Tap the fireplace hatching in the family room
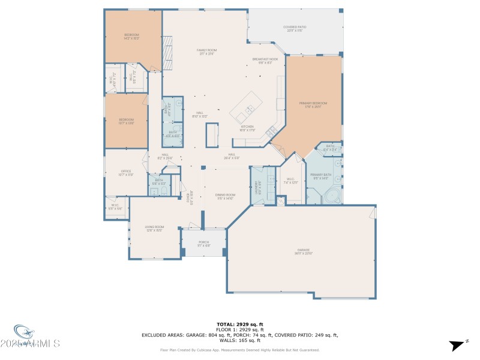(169, 52)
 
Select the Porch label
(204, 244)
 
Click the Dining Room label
(225, 196)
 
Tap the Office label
(126, 173)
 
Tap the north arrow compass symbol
(457, 345)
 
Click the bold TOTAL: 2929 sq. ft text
(239, 324)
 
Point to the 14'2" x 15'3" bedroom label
(131, 37)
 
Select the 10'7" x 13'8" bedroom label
(126, 122)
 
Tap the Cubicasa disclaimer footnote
(239, 350)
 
